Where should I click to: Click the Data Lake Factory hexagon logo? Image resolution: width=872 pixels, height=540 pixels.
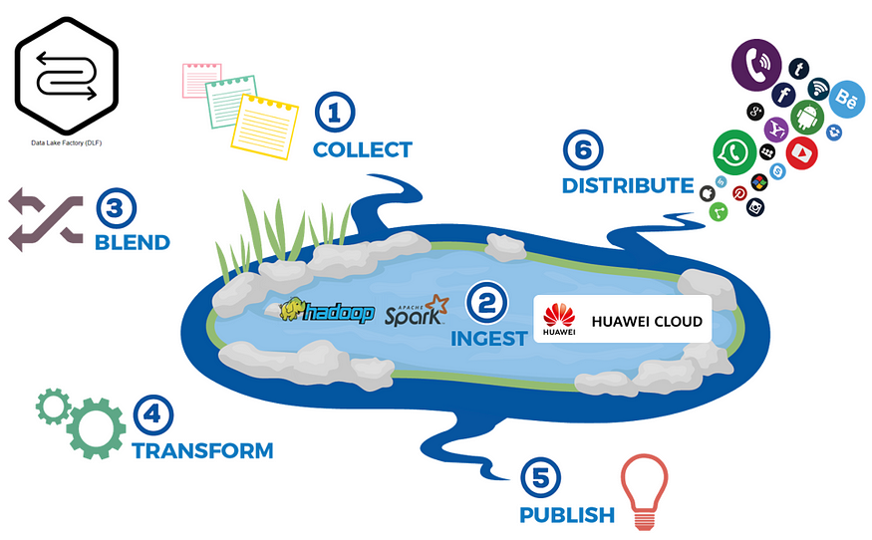pyautogui.click(x=65, y=76)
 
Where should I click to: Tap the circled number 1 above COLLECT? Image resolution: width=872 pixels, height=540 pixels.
pyautogui.click(x=335, y=113)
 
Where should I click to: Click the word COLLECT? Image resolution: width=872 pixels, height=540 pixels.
pyautogui.click(x=362, y=150)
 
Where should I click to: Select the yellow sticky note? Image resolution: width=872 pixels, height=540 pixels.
pyautogui.click(x=265, y=127)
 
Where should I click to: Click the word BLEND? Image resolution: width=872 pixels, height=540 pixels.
pyautogui.click(x=132, y=242)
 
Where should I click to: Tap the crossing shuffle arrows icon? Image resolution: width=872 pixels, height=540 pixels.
pyautogui.click(x=44, y=218)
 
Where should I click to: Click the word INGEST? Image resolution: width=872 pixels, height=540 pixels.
pyautogui.click(x=488, y=339)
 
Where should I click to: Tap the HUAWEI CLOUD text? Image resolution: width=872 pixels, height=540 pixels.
pyautogui.click(x=647, y=322)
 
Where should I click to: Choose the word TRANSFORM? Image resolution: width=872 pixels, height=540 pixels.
pyautogui.click(x=202, y=451)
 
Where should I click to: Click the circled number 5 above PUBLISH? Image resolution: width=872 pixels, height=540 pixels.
pyautogui.click(x=538, y=477)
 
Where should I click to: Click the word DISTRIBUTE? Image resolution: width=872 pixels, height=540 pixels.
pyautogui.click(x=627, y=186)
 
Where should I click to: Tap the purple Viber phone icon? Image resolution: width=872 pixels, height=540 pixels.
pyautogui.click(x=756, y=66)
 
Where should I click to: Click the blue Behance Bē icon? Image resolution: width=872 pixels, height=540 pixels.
pyautogui.click(x=846, y=99)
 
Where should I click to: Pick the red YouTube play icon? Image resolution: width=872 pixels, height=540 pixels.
pyautogui.click(x=800, y=152)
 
